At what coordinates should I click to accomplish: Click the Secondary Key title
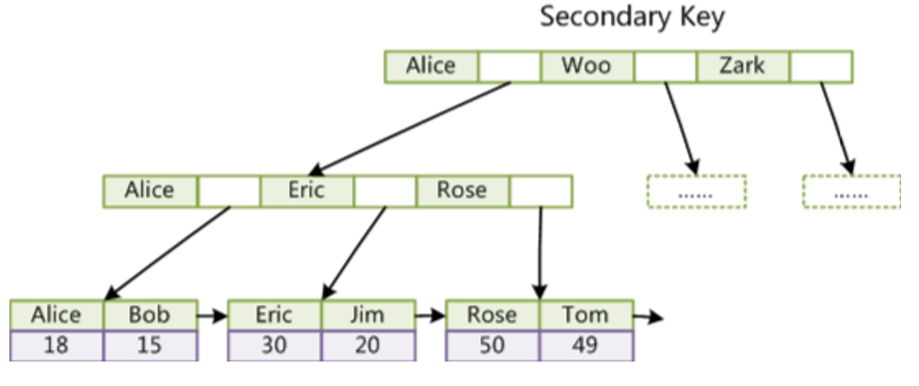(x=632, y=18)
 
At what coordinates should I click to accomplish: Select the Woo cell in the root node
(x=587, y=66)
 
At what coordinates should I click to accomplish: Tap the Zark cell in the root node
(x=742, y=66)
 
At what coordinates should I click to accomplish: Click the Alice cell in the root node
(x=430, y=66)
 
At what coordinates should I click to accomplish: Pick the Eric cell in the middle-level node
(x=306, y=190)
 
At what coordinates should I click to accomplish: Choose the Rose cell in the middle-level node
(x=461, y=190)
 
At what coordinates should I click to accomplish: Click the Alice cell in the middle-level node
(x=150, y=190)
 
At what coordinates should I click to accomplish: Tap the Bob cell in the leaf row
(x=150, y=314)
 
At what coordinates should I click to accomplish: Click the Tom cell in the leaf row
(x=586, y=314)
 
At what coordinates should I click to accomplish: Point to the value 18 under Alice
(x=56, y=346)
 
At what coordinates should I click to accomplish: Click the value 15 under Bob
(x=150, y=346)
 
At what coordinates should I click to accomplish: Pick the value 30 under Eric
(x=274, y=346)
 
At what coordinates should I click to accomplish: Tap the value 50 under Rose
(x=492, y=346)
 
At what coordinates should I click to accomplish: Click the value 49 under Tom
(x=586, y=346)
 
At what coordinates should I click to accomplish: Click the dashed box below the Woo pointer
(x=697, y=191)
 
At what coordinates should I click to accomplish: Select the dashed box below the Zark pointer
(x=852, y=191)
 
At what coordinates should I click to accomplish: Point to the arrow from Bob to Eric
(x=212, y=315)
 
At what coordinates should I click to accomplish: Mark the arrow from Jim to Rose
(x=429, y=315)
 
